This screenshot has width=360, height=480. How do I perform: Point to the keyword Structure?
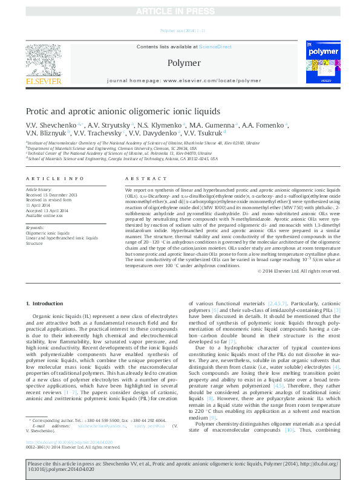(34, 243)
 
